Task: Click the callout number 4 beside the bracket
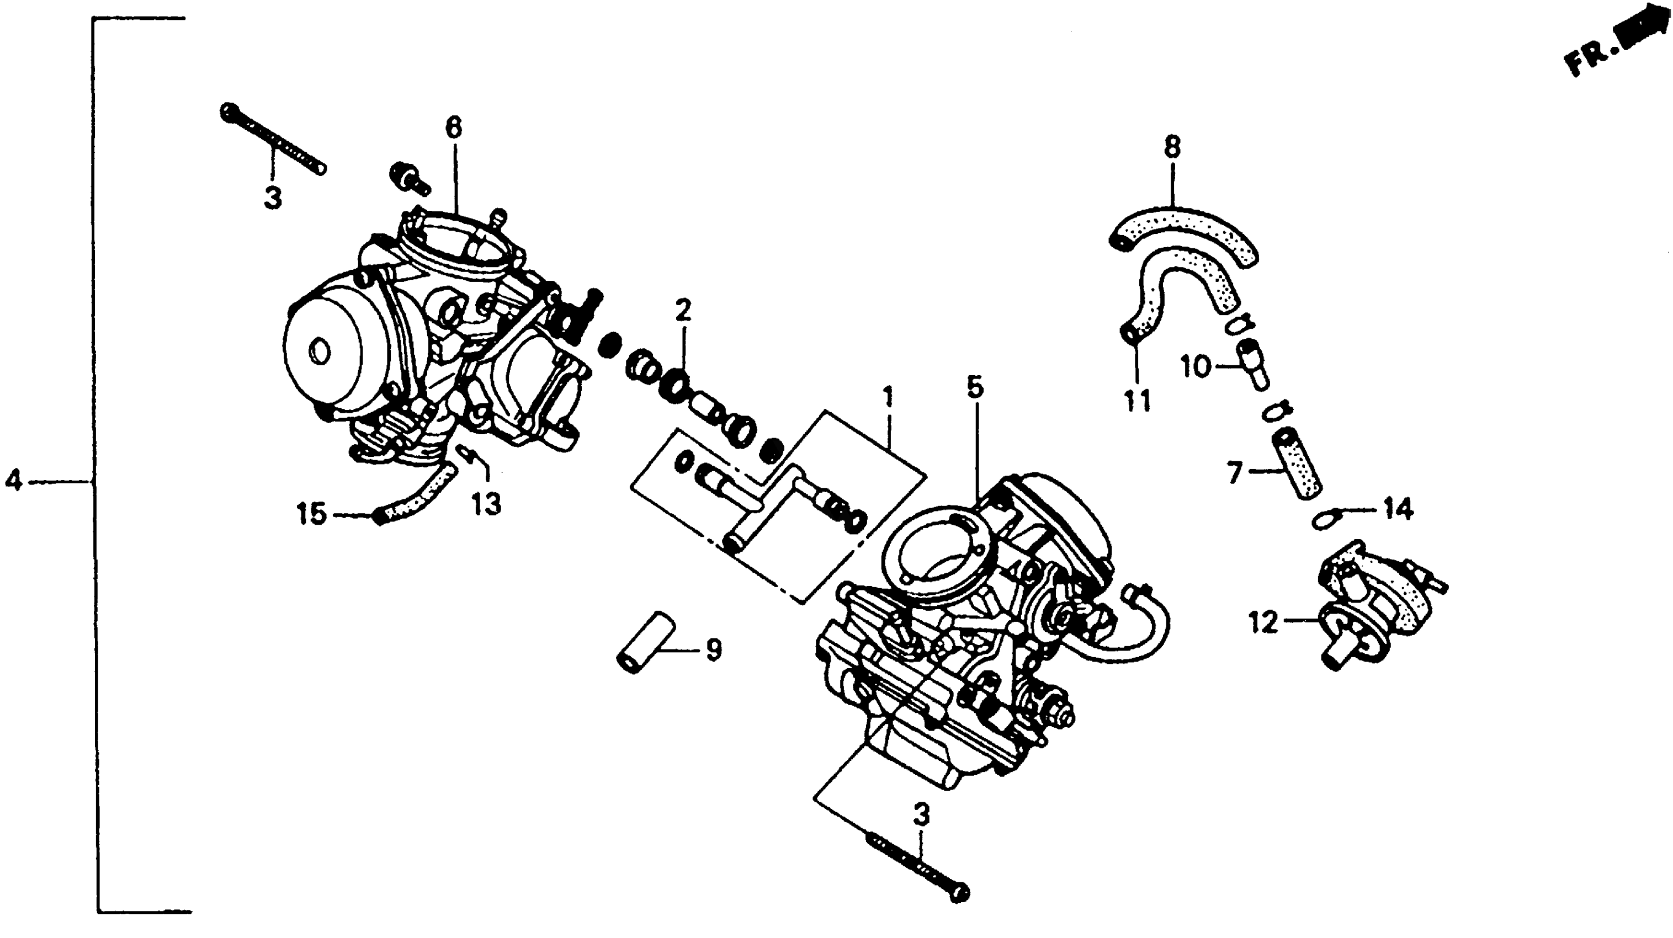click(14, 481)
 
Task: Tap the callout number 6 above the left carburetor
click(453, 127)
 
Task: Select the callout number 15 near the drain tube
click(311, 514)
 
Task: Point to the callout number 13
click(486, 504)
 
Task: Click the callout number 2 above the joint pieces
click(683, 311)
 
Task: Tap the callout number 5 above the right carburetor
click(975, 387)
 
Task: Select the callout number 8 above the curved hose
click(1172, 147)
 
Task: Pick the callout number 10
click(1195, 367)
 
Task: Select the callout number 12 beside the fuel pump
click(1263, 623)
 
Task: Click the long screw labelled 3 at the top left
click(273, 140)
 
